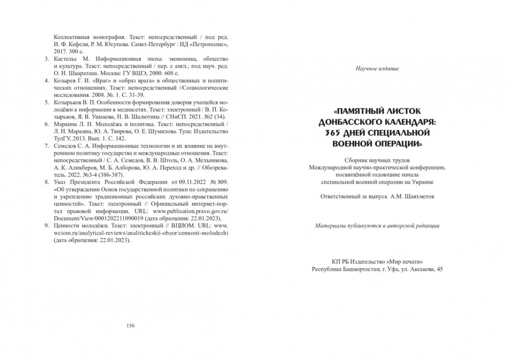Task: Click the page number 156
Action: click(x=130, y=326)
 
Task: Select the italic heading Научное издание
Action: click(x=377, y=69)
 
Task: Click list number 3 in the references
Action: click(x=47, y=59)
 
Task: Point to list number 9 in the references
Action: click(x=47, y=226)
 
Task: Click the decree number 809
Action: click(x=224, y=182)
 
